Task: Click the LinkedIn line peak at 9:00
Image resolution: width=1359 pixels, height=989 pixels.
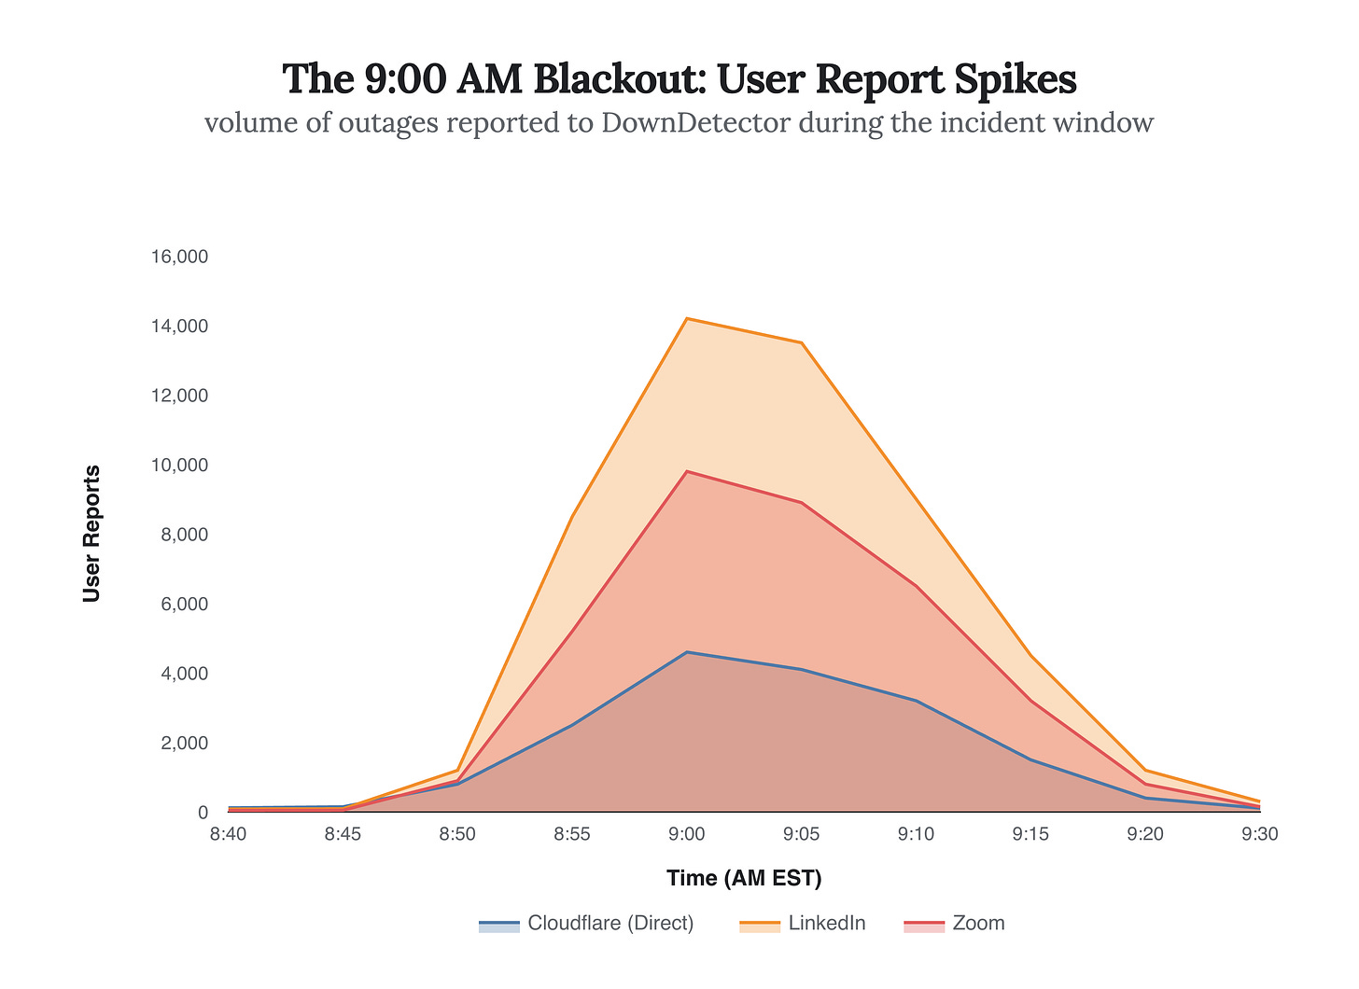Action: [687, 319]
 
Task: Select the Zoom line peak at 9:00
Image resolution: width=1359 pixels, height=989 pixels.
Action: [687, 472]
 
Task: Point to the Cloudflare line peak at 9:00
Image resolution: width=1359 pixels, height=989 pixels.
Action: [687, 652]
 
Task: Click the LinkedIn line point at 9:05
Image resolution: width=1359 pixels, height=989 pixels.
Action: [801, 343]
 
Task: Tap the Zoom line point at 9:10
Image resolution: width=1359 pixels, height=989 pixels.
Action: [916, 587]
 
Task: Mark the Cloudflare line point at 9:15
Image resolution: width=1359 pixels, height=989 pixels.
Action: [1030, 759]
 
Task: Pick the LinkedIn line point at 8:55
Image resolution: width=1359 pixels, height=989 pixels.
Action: [572, 516]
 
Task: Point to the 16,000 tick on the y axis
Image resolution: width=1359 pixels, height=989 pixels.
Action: [179, 257]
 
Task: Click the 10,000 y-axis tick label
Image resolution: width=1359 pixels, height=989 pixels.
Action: [179, 465]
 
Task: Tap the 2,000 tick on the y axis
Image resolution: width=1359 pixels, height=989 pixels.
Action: [184, 743]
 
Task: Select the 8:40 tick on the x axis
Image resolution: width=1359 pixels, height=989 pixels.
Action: [228, 834]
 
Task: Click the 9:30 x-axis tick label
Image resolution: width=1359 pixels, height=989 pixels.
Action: [1260, 834]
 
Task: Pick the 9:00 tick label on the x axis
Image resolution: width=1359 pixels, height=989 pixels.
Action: [687, 834]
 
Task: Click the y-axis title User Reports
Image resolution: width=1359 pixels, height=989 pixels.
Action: [91, 534]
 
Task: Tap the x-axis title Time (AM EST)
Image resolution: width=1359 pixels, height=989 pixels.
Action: [744, 878]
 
